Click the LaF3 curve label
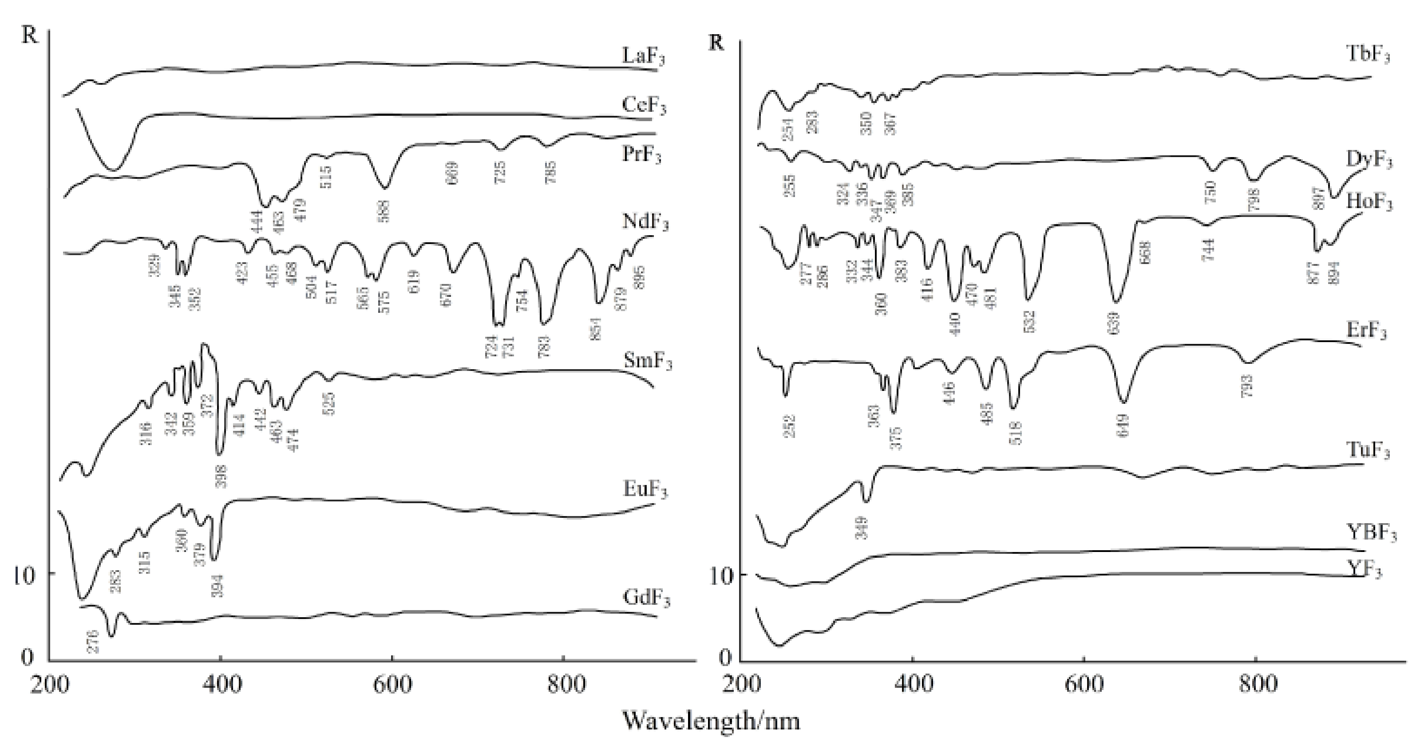coord(643,56)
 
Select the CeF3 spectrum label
coord(644,105)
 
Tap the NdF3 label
coord(645,222)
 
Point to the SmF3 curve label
coord(647,362)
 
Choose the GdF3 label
coord(646,599)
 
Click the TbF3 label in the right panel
coord(1368,55)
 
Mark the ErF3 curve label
coord(1366,331)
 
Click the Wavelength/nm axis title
coord(712,721)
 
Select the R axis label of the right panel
coord(716,43)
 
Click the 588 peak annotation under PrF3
coord(385,211)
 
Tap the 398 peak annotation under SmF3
coord(221,477)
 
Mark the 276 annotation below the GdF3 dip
coord(93,641)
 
